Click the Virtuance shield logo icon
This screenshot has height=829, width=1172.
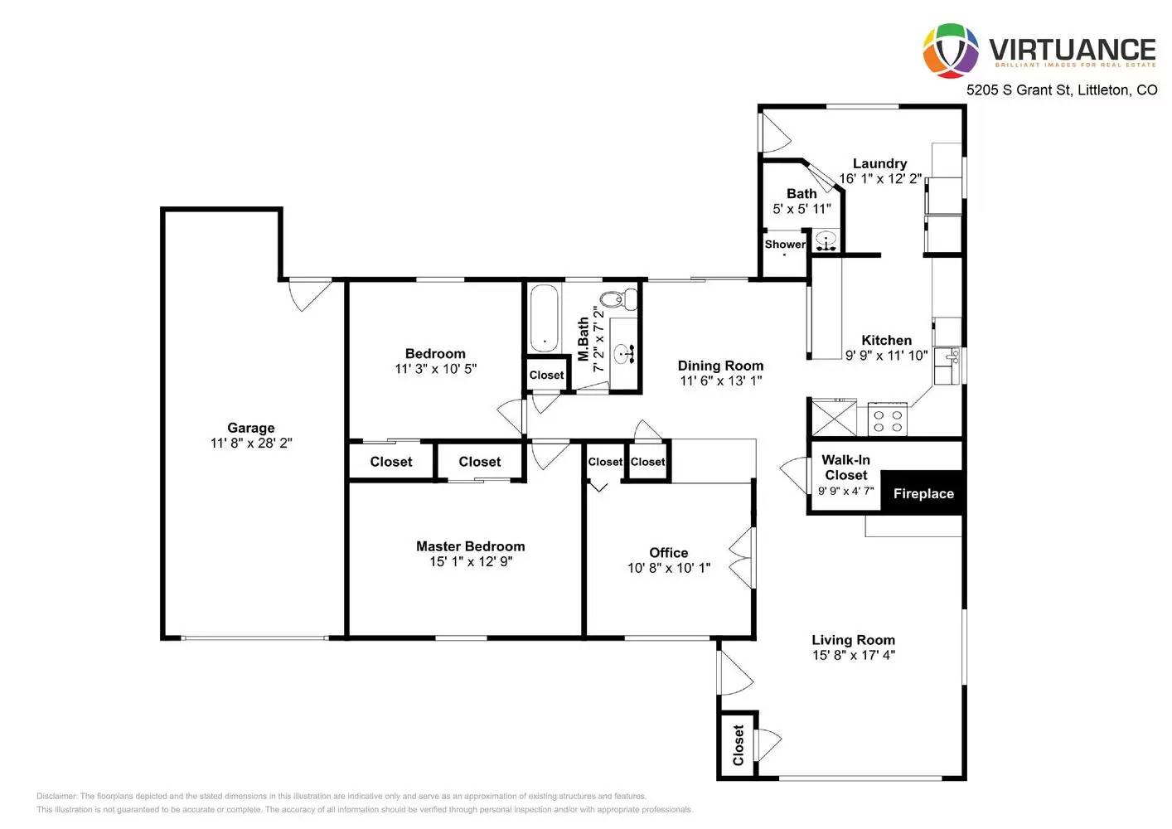951,51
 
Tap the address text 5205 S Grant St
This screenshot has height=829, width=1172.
1019,90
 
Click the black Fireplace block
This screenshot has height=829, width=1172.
923,493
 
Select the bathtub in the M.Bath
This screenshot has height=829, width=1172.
544,318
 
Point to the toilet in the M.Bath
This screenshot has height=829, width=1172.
618,299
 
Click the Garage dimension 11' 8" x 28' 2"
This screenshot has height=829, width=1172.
251,444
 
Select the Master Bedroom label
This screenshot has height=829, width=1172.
470,546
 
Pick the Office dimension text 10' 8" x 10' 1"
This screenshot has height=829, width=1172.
669,569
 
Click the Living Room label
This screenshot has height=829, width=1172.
853,640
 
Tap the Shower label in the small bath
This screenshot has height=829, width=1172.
784,245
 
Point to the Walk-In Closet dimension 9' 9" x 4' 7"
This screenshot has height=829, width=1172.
845,491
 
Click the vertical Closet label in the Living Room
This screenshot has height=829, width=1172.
738,744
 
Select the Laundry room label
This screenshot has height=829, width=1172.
879,163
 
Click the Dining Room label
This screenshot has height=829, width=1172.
720,366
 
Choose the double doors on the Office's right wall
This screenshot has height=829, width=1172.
743,557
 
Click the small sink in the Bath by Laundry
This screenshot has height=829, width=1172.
825,241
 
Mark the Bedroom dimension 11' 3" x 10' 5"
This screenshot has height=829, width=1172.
435,369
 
